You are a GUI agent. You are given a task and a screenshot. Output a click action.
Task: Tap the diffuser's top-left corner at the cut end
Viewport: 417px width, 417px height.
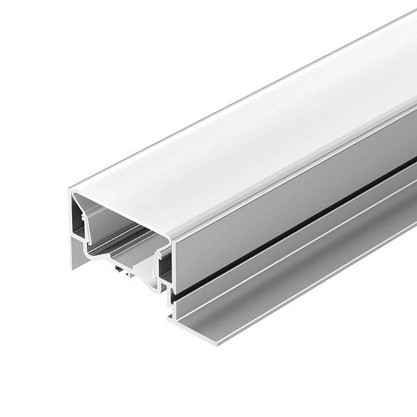[74, 191]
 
